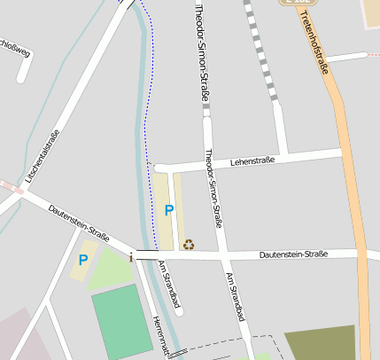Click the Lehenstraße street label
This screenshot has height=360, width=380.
(252, 161)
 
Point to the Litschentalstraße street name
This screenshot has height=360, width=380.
(43, 157)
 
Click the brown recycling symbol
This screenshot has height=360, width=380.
(188, 244)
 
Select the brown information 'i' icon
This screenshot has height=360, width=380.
(132, 257)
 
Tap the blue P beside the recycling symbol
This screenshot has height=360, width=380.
(168, 211)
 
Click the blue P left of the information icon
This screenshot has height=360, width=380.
(83, 260)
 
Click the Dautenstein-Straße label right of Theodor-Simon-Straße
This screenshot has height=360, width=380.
(293, 254)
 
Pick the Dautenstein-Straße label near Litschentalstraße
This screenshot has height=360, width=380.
(79, 223)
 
